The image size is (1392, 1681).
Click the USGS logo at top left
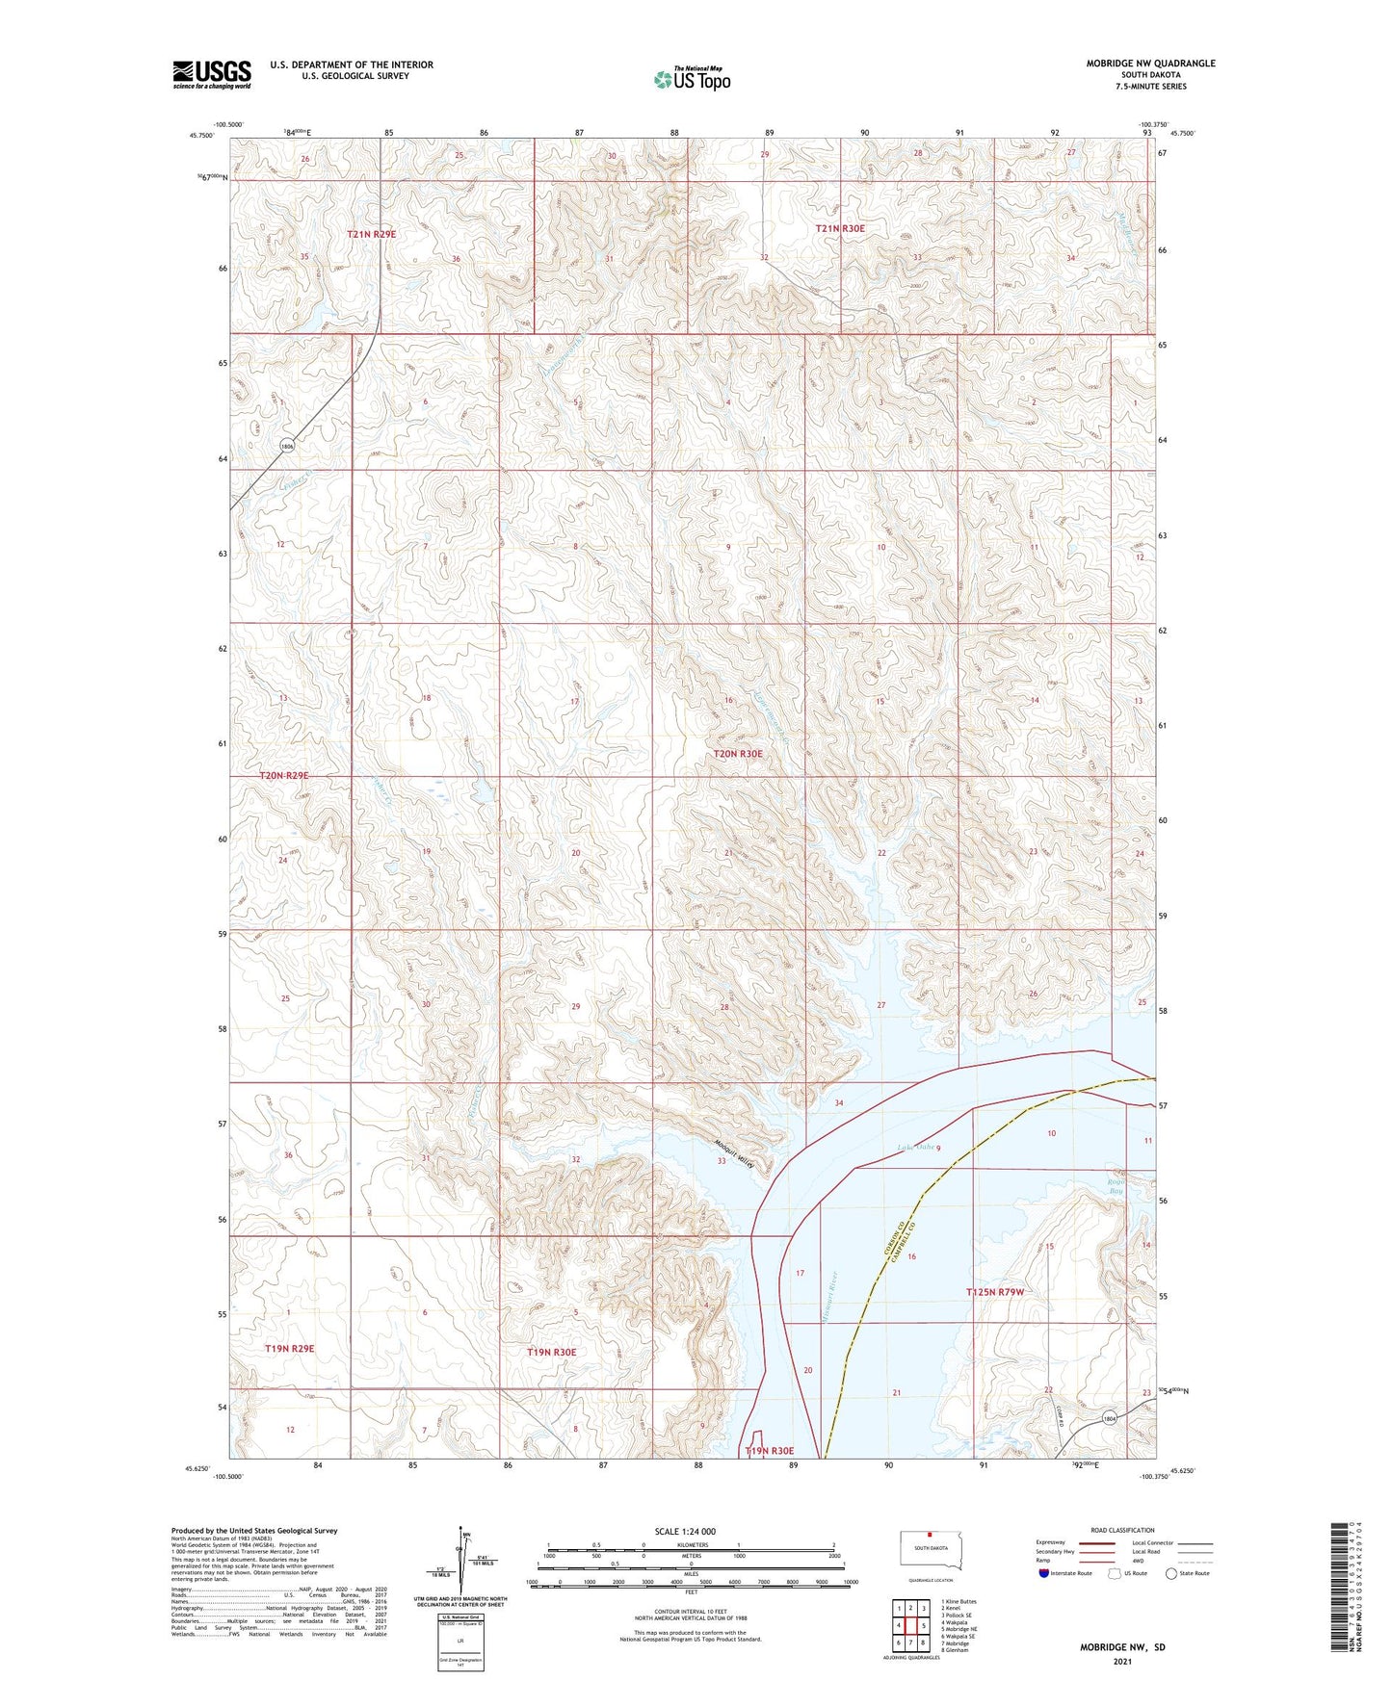point(212,74)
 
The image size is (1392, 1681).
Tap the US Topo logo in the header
point(693,79)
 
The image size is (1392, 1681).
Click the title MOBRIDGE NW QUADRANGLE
point(1150,64)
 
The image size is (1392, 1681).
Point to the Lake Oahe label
point(915,1147)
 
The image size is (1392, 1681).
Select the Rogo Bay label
point(1116,1186)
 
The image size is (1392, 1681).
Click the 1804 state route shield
point(1111,1418)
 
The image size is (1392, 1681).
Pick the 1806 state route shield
point(287,446)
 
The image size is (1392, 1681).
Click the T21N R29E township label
point(371,234)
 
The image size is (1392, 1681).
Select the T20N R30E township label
point(738,754)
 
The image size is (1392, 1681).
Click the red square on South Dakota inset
point(931,1537)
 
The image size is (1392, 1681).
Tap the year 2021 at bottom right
point(1122,1661)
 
